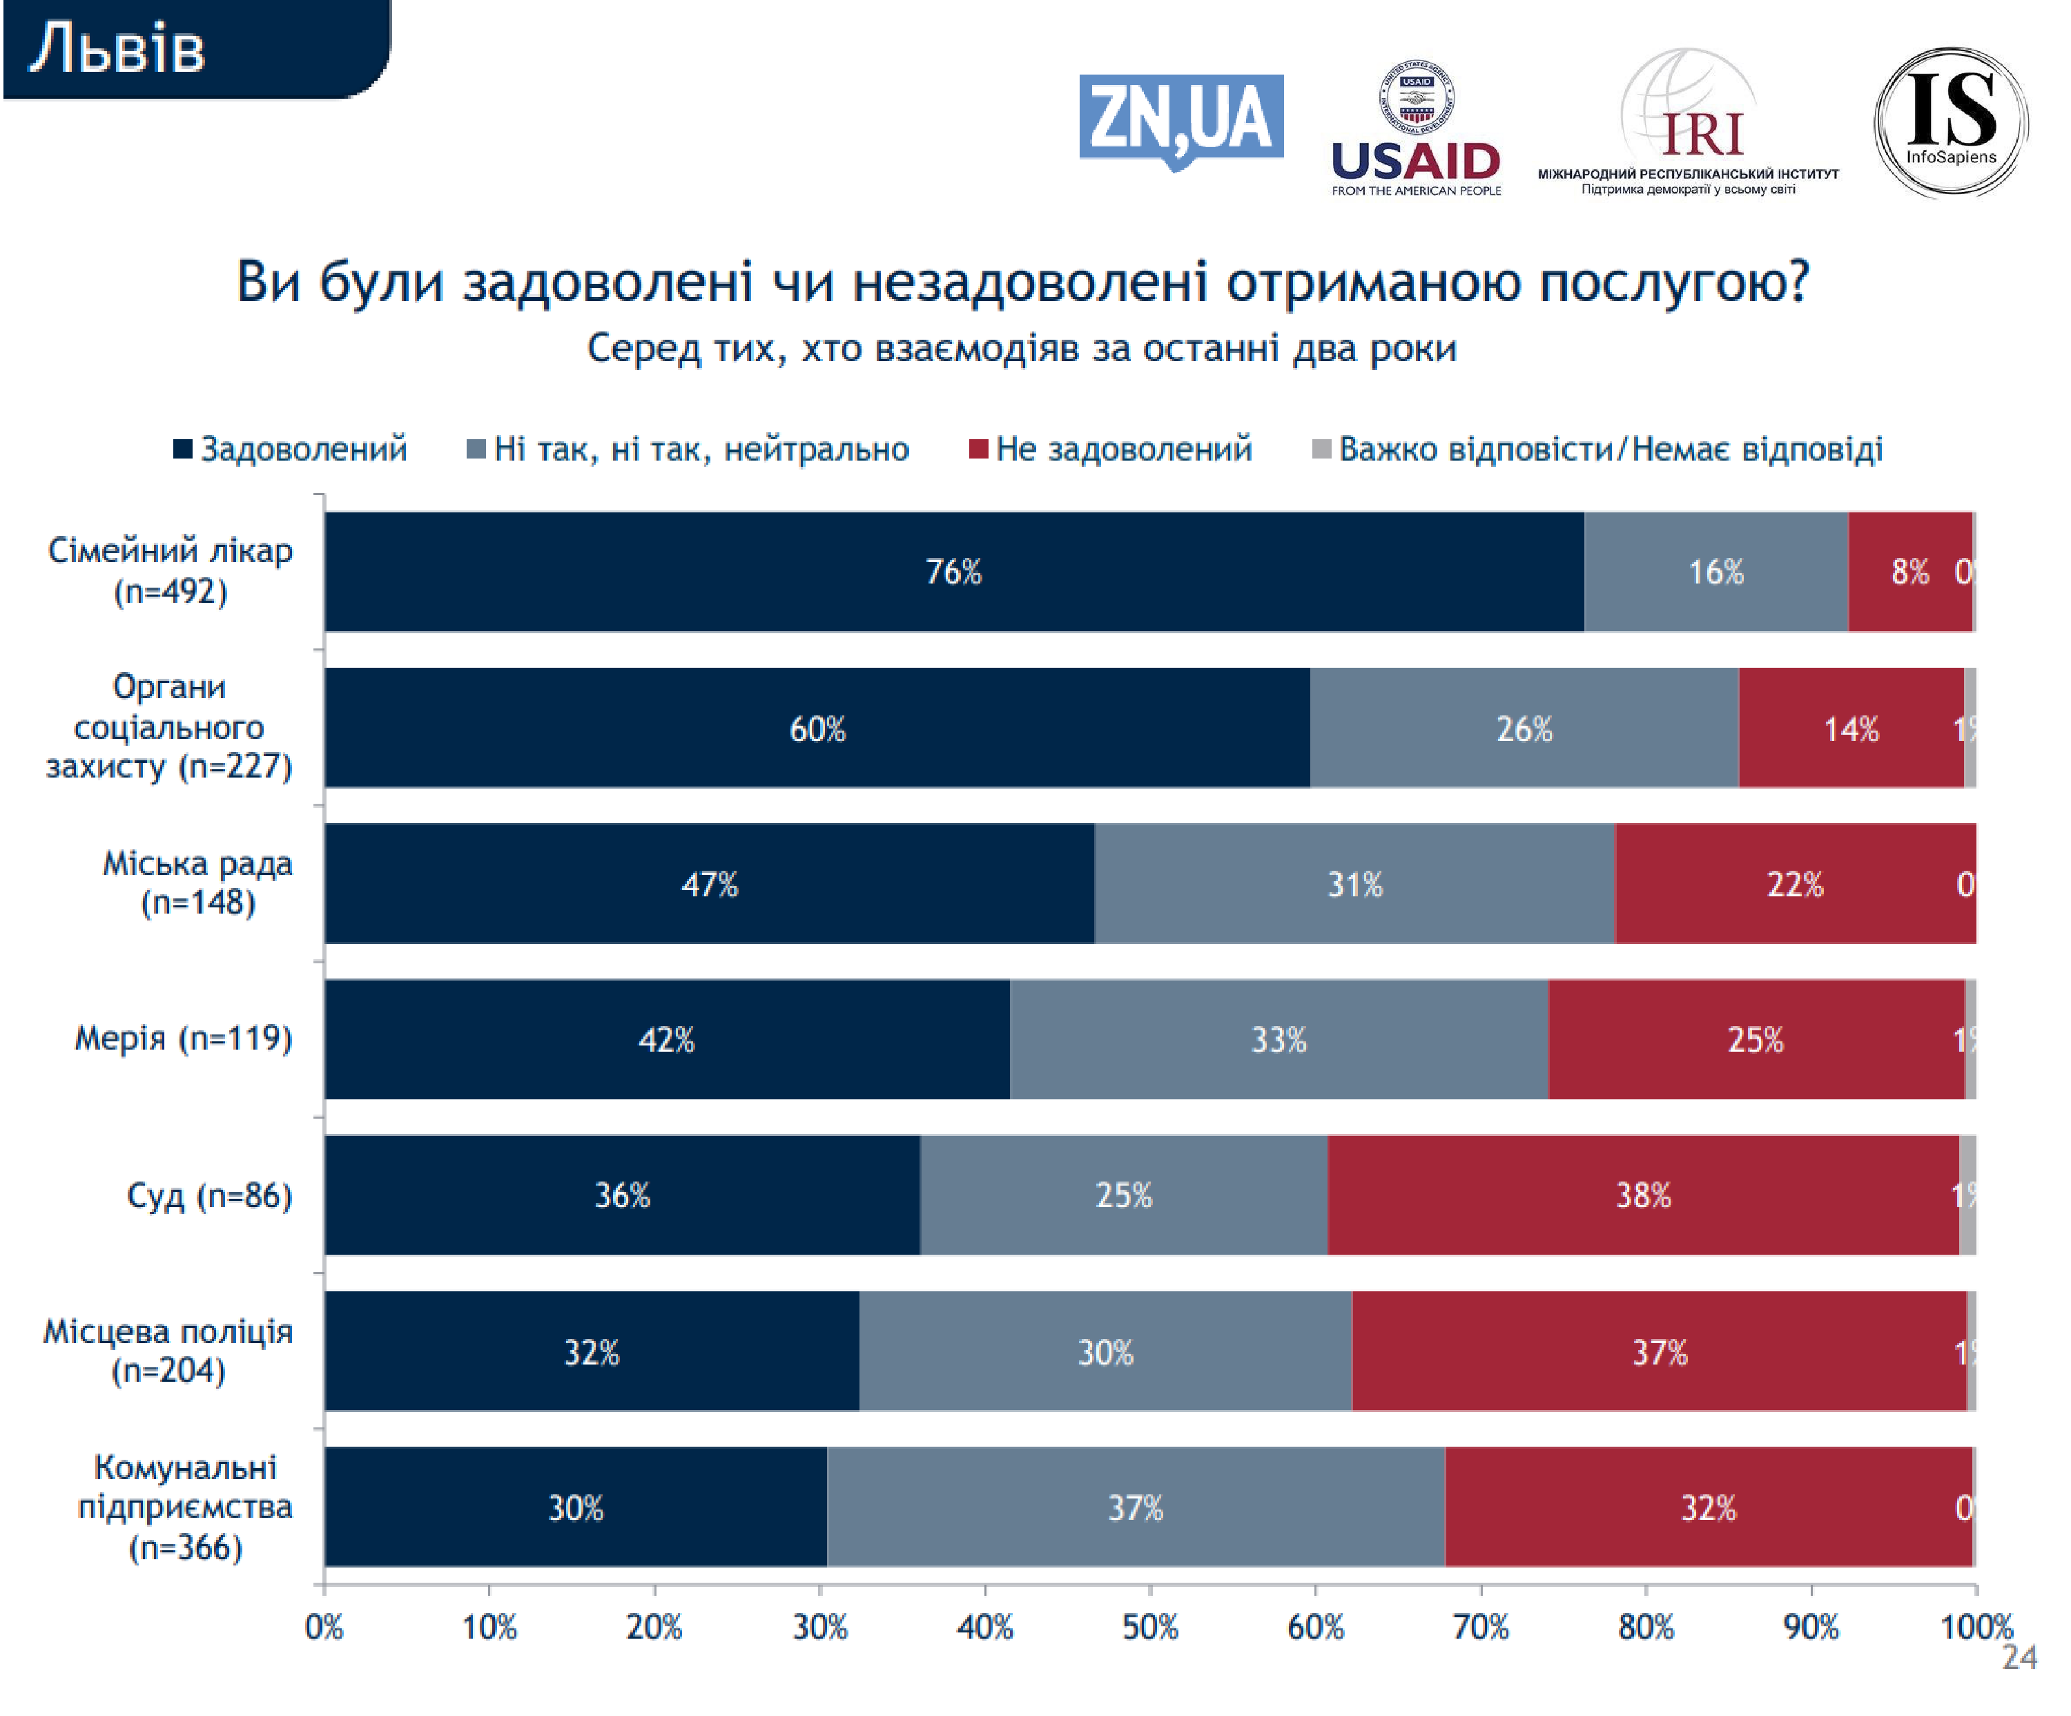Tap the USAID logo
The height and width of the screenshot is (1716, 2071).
pyautogui.click(x=1415, y=128)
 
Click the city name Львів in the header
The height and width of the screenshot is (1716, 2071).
pyautogui.click(x=117, y=49)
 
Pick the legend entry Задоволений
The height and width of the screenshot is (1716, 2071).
pyautogui.click(x=290, y=450)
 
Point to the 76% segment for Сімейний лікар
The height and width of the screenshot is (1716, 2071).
pyautogui.click(x=953, y=572)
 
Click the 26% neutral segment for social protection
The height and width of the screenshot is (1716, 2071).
pyautogui.click(x=1524, y=728)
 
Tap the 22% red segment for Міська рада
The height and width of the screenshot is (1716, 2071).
pyautogui.click(x=1795, y=884)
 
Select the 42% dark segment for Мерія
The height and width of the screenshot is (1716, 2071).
pyautogui.click(x=667, y=1039)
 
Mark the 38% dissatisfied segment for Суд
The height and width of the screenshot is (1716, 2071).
pyautogui.click(x=1643, y=1195)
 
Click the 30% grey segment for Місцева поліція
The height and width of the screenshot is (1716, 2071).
pyautogui.click(x=1105, y=1351)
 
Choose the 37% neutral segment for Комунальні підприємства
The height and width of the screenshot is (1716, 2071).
pyautogui.click(x=1135, y=1507)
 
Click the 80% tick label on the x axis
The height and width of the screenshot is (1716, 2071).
pyautogui.click(x=1645, y=1627)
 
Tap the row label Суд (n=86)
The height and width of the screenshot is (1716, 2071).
pyautogui.click(x=209, y=1195)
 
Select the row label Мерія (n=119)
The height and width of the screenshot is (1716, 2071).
pyautogui.click(x=184, y=1039)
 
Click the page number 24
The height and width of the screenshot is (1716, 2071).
pyautogui.click(x=2019, y=1658)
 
